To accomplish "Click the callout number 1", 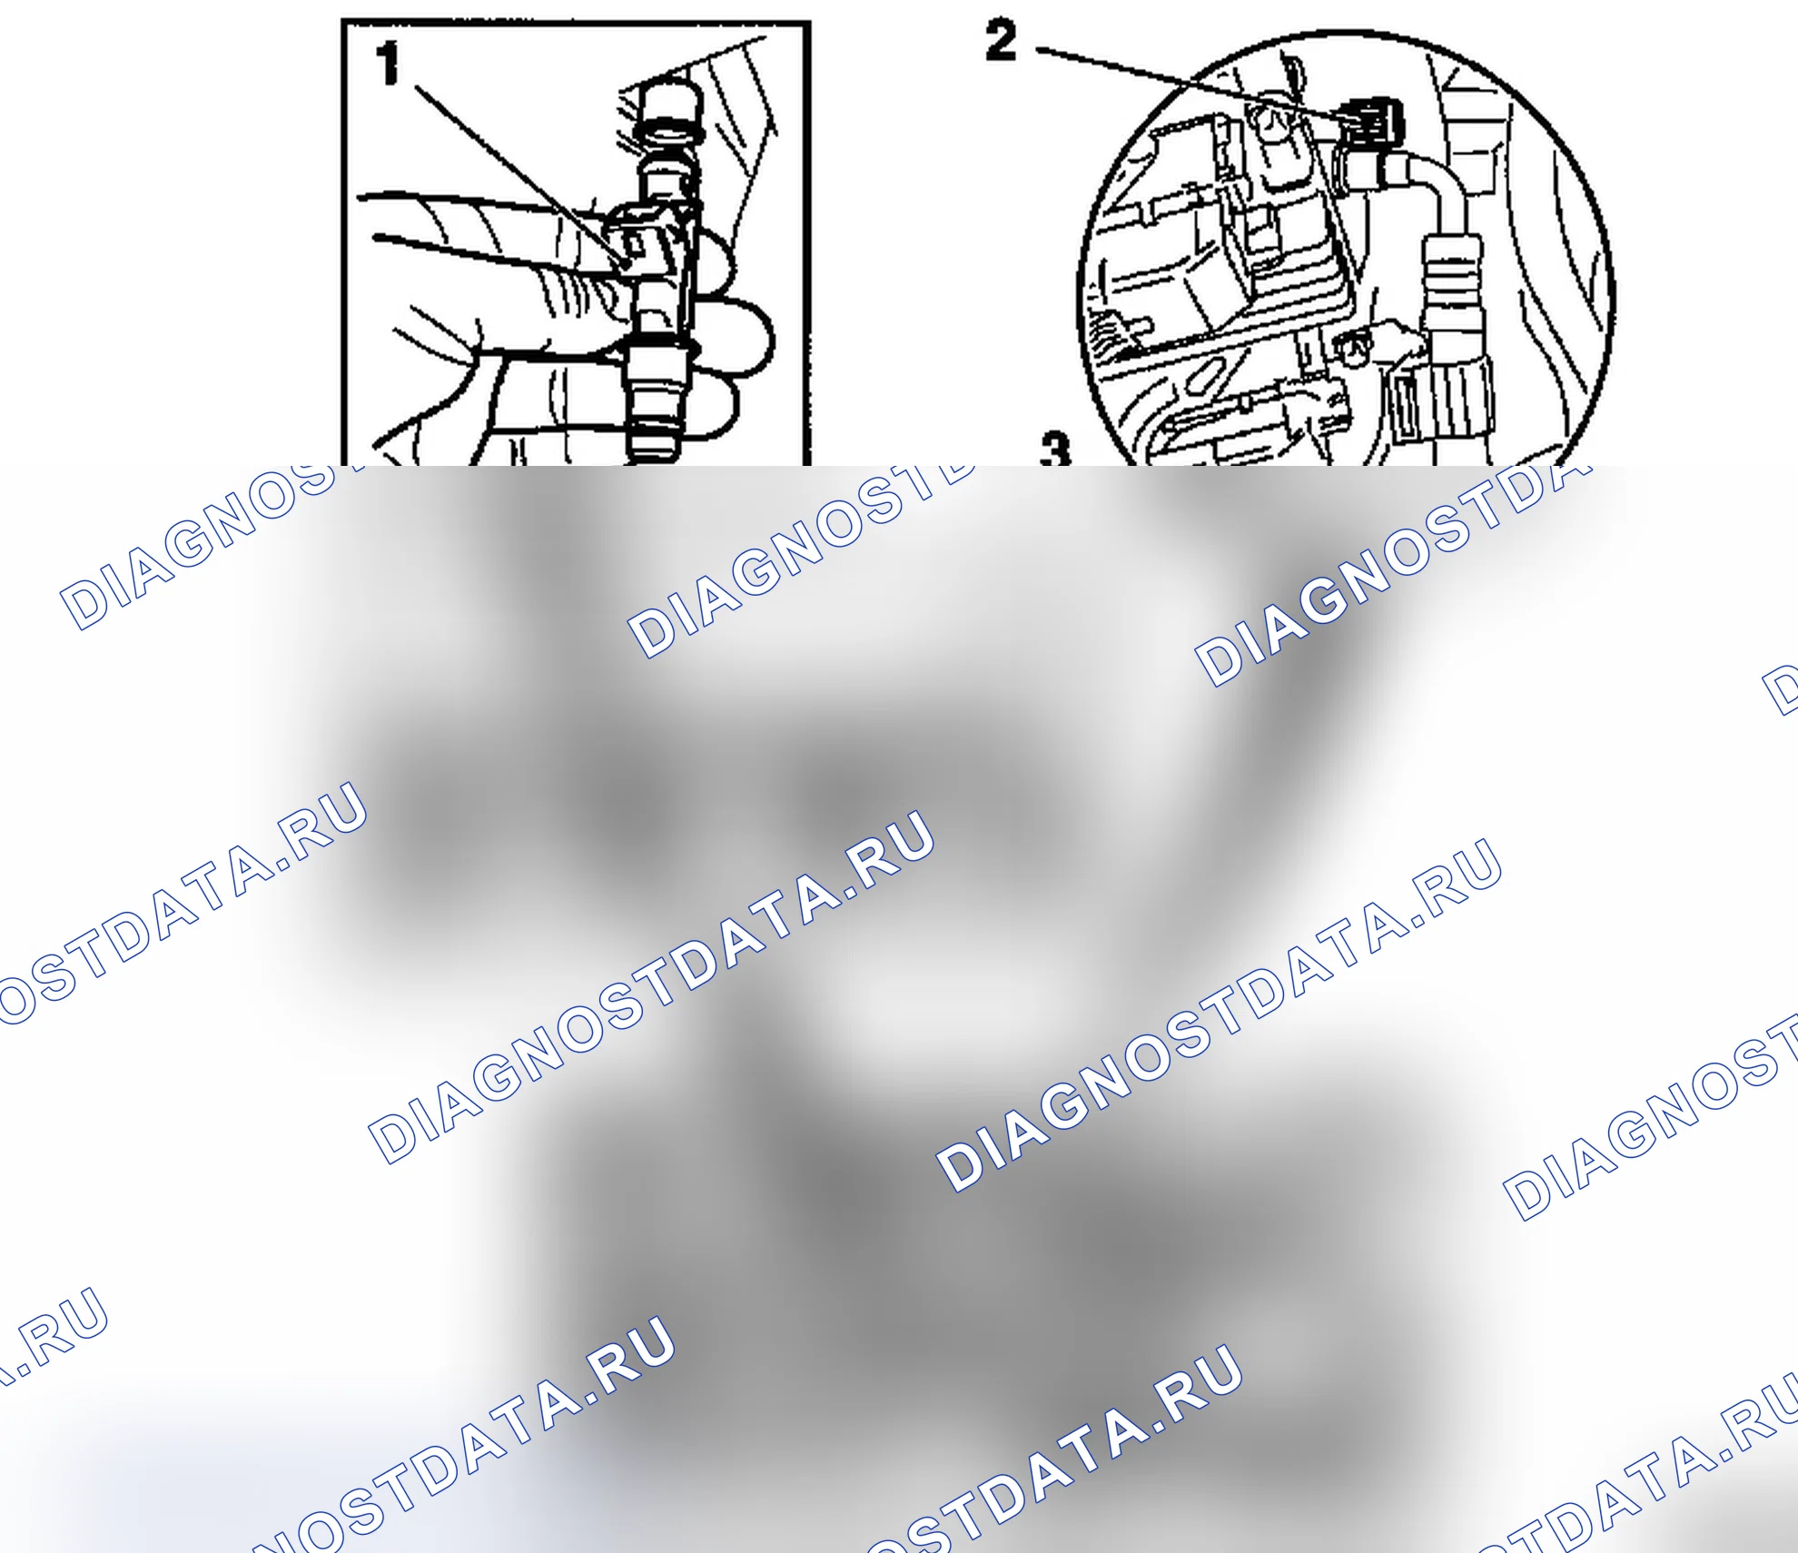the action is (x=388, y=64).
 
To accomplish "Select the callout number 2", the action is (x=1001, y=42).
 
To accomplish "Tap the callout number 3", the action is (x=1055, y=449).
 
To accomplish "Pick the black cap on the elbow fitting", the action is (x=1371, y=121).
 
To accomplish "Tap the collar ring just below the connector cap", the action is (x=670, y=172).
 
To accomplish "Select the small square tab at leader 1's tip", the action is (x=636, y=243).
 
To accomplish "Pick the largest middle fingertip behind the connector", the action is (x=740, y=336).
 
